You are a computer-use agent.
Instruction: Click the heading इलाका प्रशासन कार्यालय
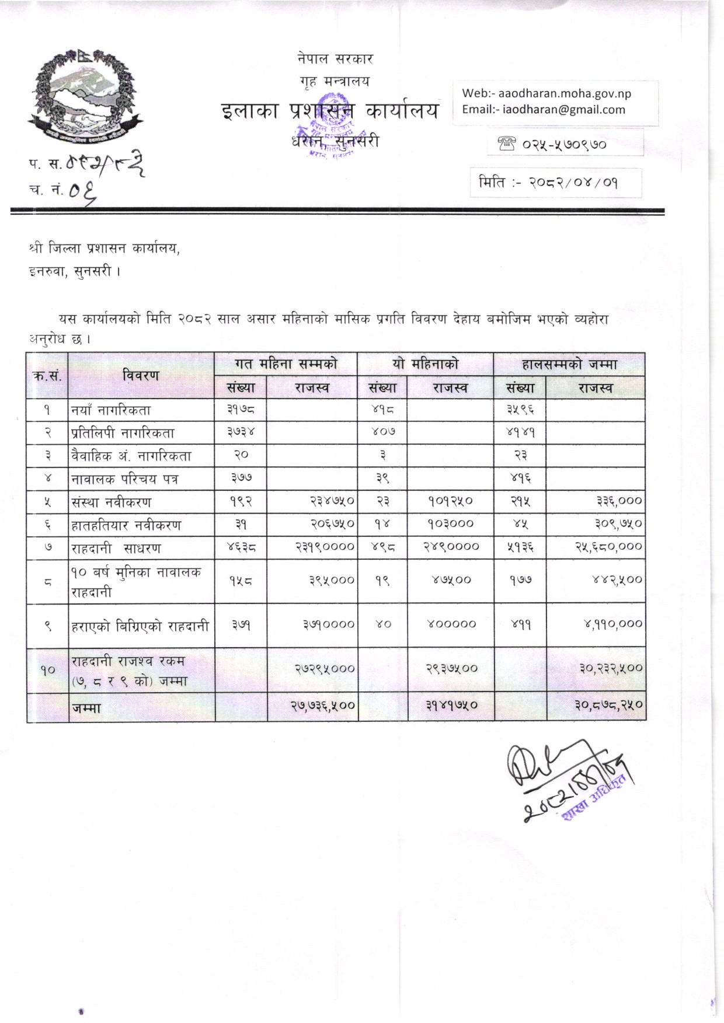330,111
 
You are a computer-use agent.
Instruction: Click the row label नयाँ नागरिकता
111,410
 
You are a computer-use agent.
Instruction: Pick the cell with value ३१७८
241,410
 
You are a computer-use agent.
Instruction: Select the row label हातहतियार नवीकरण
126,525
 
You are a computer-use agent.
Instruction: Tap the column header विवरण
141,376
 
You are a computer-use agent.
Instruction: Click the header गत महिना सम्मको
286,364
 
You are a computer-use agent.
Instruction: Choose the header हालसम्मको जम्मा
569,364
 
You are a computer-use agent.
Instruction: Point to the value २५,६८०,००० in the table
608,547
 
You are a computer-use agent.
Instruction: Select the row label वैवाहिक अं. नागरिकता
131,456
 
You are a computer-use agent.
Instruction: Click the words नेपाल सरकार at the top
335,59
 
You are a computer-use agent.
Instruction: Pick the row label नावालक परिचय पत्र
124,479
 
